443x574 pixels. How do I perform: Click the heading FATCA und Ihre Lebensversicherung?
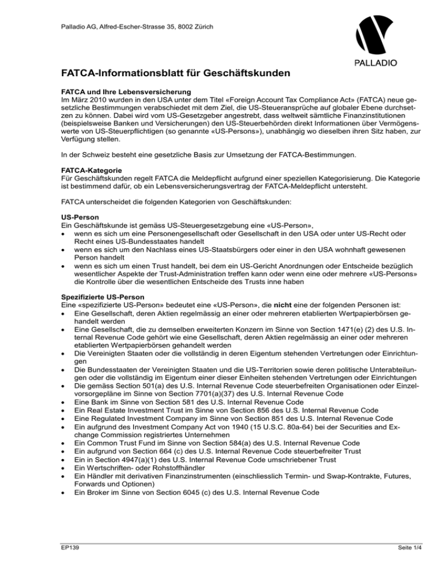click(x=117, y=92)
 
